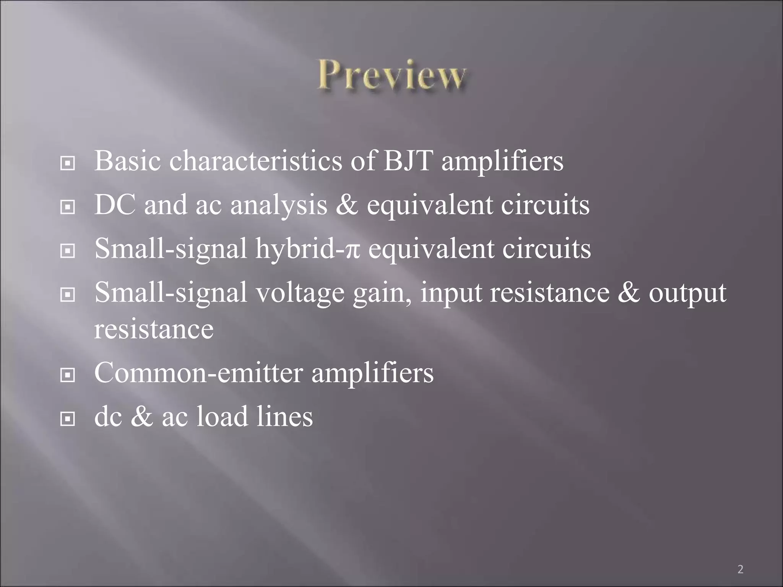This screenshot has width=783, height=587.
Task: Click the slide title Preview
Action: coord(392,75)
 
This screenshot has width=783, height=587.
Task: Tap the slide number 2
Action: coord(740,569)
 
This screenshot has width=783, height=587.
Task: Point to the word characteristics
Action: coord(255,161)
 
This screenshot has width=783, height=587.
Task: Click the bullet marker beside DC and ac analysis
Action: coord(67,208)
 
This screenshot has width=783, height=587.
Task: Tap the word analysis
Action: coord(279,205)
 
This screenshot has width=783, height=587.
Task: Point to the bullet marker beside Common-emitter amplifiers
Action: coord(67,376)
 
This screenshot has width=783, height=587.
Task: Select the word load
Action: coord(222,416)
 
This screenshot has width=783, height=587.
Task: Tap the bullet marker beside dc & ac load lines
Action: coord(67,420)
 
